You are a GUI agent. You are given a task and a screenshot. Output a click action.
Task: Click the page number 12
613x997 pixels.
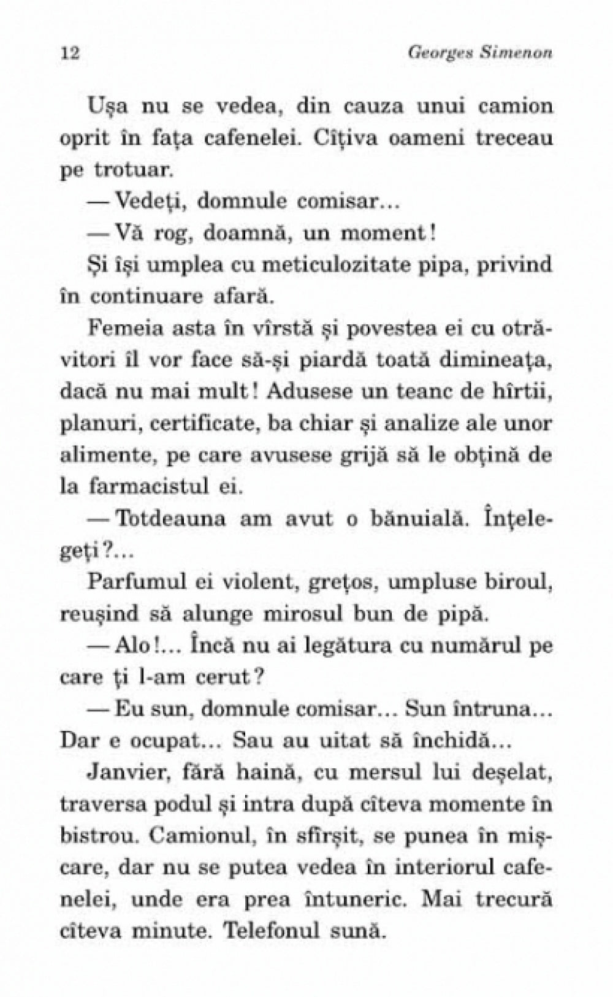click(x=71, y=53)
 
